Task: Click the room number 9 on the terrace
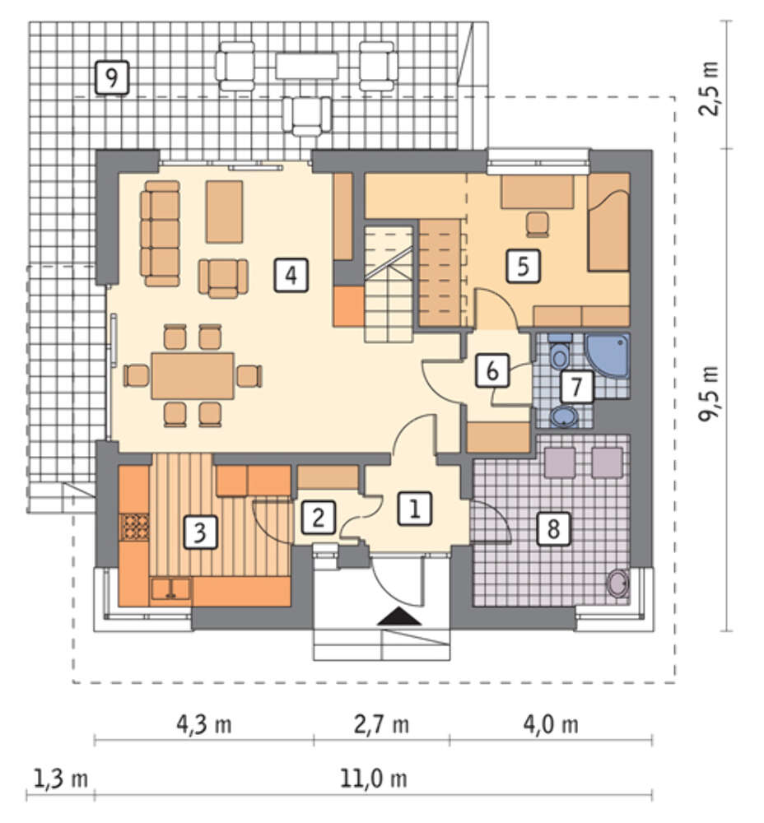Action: pos(112,77)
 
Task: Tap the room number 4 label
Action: pos(291,275)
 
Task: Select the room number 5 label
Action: pos(523,266)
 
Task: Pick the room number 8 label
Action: pos(553,528)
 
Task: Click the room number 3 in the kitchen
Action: pos(200,532)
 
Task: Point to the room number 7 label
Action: pos(576,386)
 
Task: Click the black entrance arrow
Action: pos(399,616)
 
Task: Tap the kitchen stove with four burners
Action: pos(135,527)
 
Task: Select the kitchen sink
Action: pos(171,588)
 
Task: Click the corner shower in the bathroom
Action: pos(608,355)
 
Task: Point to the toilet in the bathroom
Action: pos(560,353)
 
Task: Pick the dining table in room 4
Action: pos(193,376)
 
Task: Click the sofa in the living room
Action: pos(161,234)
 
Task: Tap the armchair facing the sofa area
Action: pos(223,278)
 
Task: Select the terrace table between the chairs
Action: pos(306,66)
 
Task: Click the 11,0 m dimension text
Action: pos(373,779)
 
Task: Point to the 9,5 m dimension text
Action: pos(708,393)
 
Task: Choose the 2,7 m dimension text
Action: pos(381,725)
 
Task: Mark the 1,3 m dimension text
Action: pos(60,778)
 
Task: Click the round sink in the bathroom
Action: pos(564,416)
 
